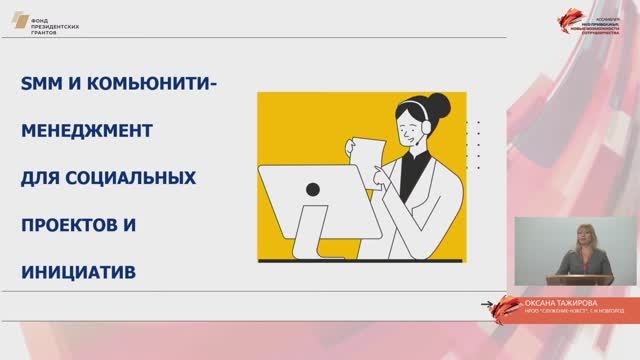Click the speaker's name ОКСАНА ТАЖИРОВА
click(x=563, y=301)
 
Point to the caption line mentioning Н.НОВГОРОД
click(x=563, y=311)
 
